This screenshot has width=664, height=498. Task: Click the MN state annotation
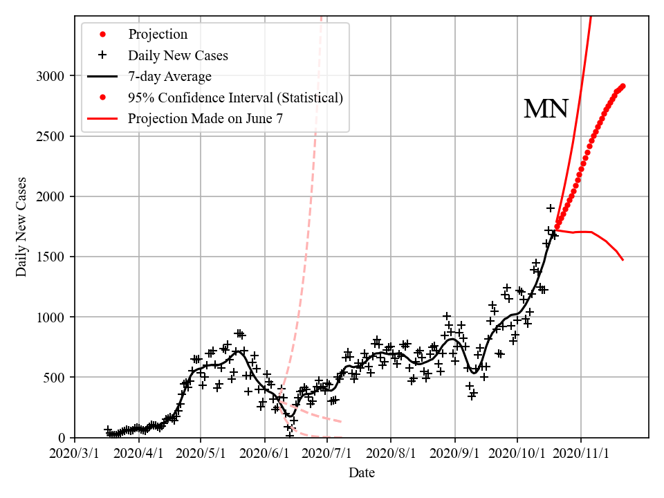546,109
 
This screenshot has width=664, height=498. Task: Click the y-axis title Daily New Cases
21,227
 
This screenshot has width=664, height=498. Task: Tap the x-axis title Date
362,473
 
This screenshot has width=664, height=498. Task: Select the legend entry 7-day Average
169,76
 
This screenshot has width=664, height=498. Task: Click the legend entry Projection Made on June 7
205,119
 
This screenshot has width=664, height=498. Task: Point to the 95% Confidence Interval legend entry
235,98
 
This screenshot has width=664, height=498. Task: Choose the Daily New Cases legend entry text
178,55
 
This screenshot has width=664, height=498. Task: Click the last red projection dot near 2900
622,86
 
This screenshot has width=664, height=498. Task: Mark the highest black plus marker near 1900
551,208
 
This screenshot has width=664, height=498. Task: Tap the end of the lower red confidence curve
622,259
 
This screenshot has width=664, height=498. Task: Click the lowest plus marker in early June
289,435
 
